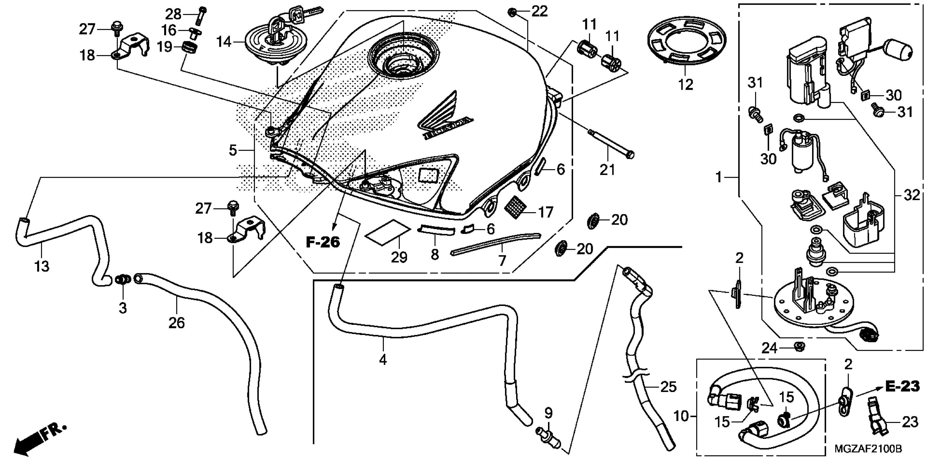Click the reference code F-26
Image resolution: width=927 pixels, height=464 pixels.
click(323, 242)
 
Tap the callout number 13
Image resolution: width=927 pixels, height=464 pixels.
click(42, 267)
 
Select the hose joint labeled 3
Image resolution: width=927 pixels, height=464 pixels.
click(123, 280)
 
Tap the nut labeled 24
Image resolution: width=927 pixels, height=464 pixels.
click(799, 347)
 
